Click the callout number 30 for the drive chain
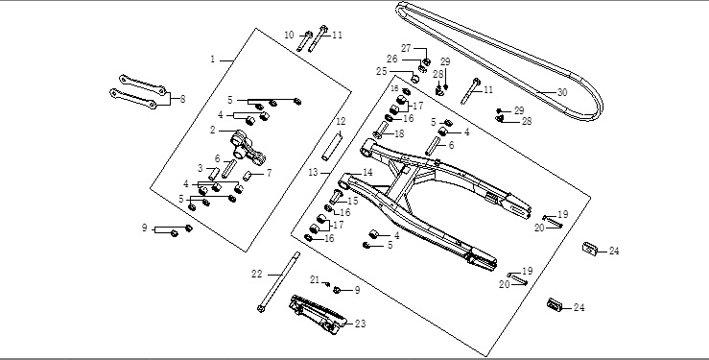click(x=562, y=93)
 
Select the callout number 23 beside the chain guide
click(x=361, y=324)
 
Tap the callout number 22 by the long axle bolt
click(x=257, y=274)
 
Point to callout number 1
click(x=213, y=60)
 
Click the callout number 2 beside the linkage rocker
click(x=213, y=131)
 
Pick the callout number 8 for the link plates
click(x=182, y=100)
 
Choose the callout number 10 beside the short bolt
click(x=290, y=35)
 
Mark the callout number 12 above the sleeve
click(x=341, y=121)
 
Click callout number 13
click(x=314, y=172)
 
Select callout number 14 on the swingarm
click(x=367, y=172)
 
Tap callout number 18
click(x=399, y=133)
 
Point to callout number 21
click(x=315, y=280)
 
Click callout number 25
click(x=382, y=71)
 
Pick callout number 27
click(x=407, y=48)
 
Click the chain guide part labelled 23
click(x=318, y=314)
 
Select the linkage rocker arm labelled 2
click(x=248, y=149)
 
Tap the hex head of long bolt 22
click(x=261, y=309)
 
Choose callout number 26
click(x=392, y=60)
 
